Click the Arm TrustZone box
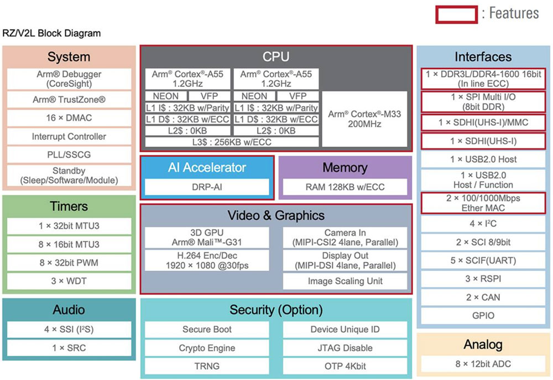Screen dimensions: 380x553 [69, 100]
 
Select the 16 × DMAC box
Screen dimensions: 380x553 [69, 118]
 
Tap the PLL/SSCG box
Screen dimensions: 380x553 [69, 155]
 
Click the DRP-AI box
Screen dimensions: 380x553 [206, 187]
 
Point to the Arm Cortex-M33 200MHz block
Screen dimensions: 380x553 [364, 119]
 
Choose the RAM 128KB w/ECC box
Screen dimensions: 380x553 [345, 187]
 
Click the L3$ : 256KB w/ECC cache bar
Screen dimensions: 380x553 [232, 142]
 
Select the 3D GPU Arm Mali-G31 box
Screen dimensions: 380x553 [206, 238]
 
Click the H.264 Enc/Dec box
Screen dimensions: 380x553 [206, 260]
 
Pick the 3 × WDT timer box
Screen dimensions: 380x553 [69, 281]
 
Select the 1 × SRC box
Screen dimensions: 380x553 [69, 348]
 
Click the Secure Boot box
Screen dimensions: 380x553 [207, 330]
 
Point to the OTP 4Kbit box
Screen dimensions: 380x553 [345, 366]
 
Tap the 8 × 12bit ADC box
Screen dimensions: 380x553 [483, 364]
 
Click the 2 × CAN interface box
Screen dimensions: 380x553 [483, 297]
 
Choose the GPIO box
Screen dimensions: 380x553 [483, 316]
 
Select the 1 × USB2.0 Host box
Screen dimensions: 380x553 [483, 160]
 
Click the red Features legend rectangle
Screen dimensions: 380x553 [456, 14]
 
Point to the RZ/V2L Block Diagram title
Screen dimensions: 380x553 [52, 33]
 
